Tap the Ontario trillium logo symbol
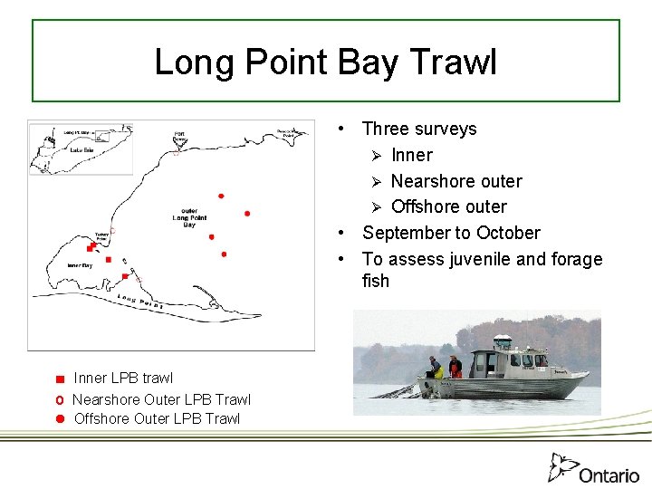click(x=561, y=467)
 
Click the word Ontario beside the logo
click(x=609, y=475)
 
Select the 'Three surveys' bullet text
click(x=418, y=129)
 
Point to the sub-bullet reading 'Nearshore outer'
click(x=455, y=181)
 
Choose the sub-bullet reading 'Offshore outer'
click(x=448, y=206)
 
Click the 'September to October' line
click(x=450, y=233)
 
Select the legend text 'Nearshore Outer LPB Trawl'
click(x=161, y=399)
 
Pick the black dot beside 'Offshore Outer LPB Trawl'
click(x=58, y=418)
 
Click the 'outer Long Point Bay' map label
click(x=188, y=217)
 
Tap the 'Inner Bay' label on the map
click(x=80, y=265)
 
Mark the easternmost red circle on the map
click(x=247, y=214)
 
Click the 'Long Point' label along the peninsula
click(x=139, y=302)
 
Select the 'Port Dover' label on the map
click(x=179, y=138)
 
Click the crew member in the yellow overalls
click(x=436, y=369)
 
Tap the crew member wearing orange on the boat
click(x=455, y=367)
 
